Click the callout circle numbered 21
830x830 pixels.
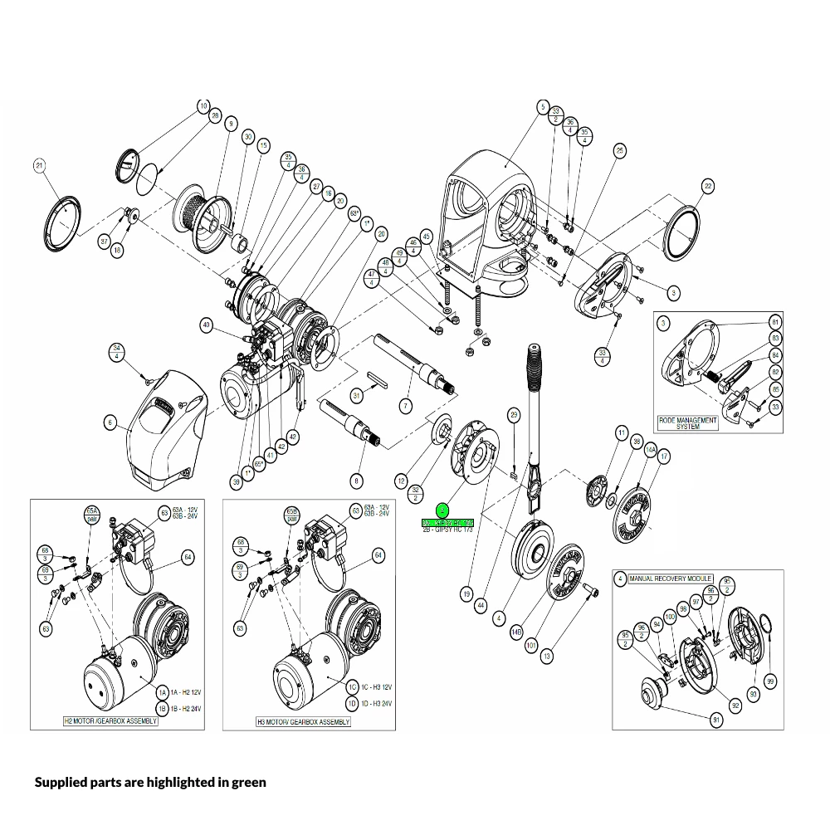pos(39,165)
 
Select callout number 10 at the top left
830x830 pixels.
pos(203,106)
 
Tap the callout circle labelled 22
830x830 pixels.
pos(707,186)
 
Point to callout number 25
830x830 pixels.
pos(619,150)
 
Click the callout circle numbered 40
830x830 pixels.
pos(207,325)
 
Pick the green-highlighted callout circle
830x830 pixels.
pos(442,510)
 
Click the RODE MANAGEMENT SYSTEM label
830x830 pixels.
pos(687,423)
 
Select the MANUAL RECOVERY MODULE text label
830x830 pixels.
pos(669,578)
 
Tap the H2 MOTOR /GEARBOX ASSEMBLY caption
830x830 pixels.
pos(110,721)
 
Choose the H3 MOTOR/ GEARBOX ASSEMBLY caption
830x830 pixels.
pos(303,722)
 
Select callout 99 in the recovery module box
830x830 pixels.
pos(770,681)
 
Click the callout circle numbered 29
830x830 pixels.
pos(514,414)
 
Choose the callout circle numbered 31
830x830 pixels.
pos(357,395)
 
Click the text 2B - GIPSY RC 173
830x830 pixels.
pos(447,530)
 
